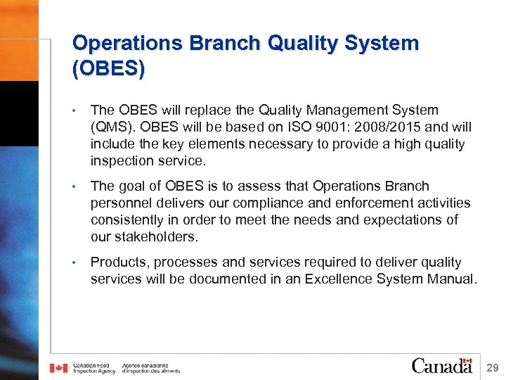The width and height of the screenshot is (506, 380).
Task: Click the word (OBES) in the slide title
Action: point(109,68)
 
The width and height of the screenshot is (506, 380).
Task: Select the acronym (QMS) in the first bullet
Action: point(110,127)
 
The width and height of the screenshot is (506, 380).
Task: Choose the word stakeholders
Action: point(155,237)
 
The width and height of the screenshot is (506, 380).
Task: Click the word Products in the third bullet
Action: point(119,262)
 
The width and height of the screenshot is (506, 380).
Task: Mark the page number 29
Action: point(492,367)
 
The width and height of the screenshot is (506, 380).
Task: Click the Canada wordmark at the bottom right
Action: point(442,366)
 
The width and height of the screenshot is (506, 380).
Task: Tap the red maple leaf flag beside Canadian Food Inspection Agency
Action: point(59,368)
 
